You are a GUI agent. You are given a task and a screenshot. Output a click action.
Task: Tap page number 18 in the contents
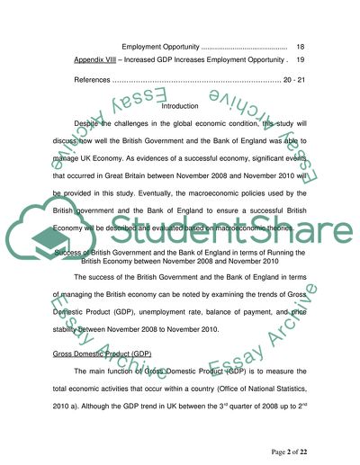point(300,45)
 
